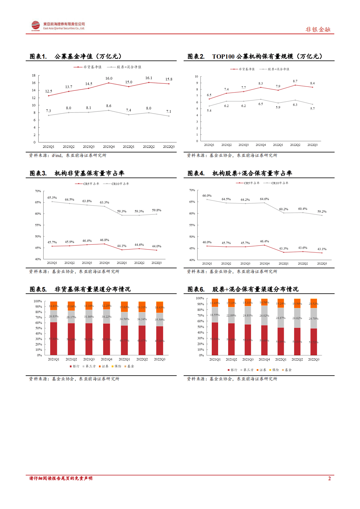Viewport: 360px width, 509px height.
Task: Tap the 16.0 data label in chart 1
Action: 109,78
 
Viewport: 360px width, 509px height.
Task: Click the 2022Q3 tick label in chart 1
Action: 169,147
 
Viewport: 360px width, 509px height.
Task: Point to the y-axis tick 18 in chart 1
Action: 34,75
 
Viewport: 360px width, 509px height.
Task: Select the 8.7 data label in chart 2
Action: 295,81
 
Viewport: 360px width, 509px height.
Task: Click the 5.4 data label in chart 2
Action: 209,111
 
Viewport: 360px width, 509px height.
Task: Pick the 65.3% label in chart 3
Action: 52,198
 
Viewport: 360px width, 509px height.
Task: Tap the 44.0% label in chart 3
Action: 156,246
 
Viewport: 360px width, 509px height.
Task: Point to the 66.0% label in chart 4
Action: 207,196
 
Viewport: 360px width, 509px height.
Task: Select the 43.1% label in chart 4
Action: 322,249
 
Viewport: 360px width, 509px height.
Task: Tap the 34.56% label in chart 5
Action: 124,319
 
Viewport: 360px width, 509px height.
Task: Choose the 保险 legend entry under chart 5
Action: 116,366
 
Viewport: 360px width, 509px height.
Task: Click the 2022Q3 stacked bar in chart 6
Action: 314,328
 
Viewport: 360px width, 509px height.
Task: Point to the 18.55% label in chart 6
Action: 215,315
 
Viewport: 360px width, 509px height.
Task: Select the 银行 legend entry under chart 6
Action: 232,370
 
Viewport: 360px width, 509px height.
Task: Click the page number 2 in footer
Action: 329,478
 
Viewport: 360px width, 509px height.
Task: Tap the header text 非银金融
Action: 318,29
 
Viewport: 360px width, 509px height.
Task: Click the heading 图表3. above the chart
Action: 38,173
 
